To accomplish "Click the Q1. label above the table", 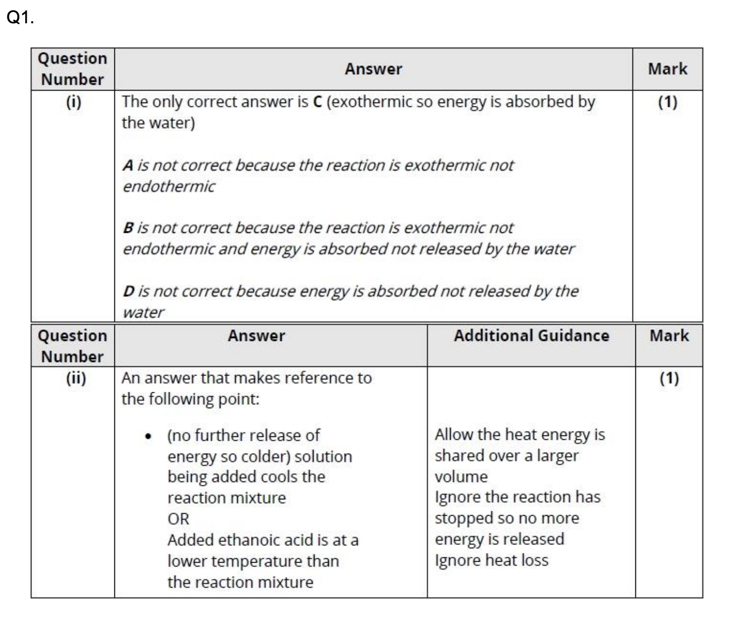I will (20, 18).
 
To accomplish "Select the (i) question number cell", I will (73, 102).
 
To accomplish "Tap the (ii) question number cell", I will (76, 378).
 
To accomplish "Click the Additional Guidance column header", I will (531, 336).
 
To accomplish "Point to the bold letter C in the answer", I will (317, 102).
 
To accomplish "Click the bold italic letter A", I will (128, 165).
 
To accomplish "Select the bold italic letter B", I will (128, 228).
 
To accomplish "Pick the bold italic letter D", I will (129, 291).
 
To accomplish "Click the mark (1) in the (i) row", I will (668, 102).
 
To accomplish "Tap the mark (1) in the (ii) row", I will (669, 378).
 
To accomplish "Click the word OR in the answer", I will (178, 519).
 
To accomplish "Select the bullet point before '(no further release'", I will (148, 436).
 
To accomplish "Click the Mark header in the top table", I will (668, 69).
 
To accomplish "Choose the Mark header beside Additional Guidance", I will (669, 336).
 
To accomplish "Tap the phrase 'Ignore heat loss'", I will (491, 560).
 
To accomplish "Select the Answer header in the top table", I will (373, 69).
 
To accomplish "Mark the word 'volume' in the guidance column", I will (461, 477).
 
